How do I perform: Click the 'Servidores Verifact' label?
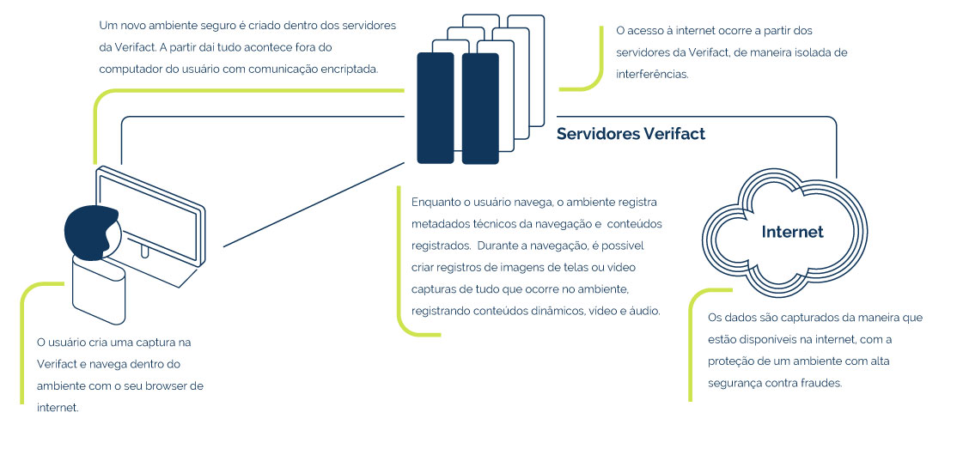(631, 134)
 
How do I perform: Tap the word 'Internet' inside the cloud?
(792, 232)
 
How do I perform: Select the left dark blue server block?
(436, 108)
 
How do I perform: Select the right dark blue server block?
(480, 108)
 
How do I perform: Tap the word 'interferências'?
(652, 75)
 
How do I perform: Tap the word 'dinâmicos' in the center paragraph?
(559, 311)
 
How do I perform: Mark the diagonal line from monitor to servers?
(314, 204)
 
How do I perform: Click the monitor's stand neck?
(144, 251)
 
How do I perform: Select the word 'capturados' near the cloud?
(784, 318)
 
